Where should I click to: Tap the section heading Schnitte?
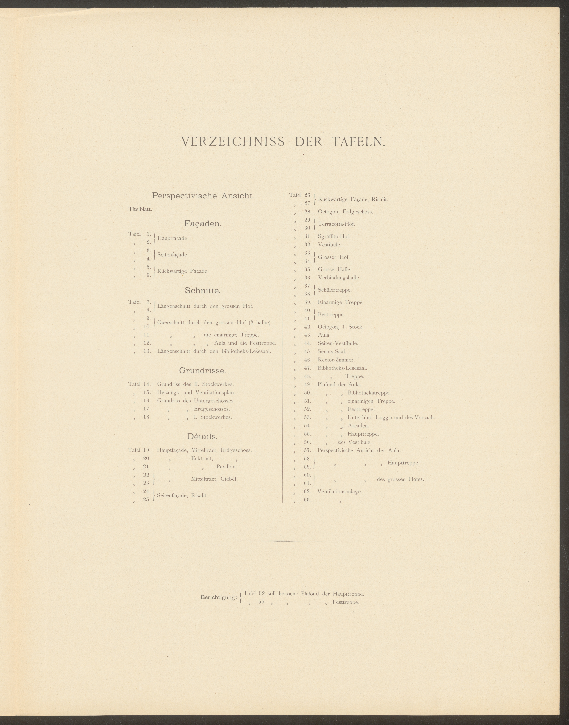point(203,291)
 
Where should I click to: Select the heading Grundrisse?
point(203,370)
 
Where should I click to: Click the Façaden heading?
point(203,224)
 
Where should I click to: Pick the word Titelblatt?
point(140,209)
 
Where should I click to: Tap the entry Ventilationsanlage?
point(339,491)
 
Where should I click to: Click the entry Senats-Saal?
point(332,352)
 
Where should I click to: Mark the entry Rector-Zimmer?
point(336,360)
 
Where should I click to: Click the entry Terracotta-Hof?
point(336,224)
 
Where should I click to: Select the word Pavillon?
point(227,467)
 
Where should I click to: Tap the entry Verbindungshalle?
point(339,278)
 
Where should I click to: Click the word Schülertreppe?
point(334,290)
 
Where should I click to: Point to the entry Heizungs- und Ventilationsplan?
point(196,392)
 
